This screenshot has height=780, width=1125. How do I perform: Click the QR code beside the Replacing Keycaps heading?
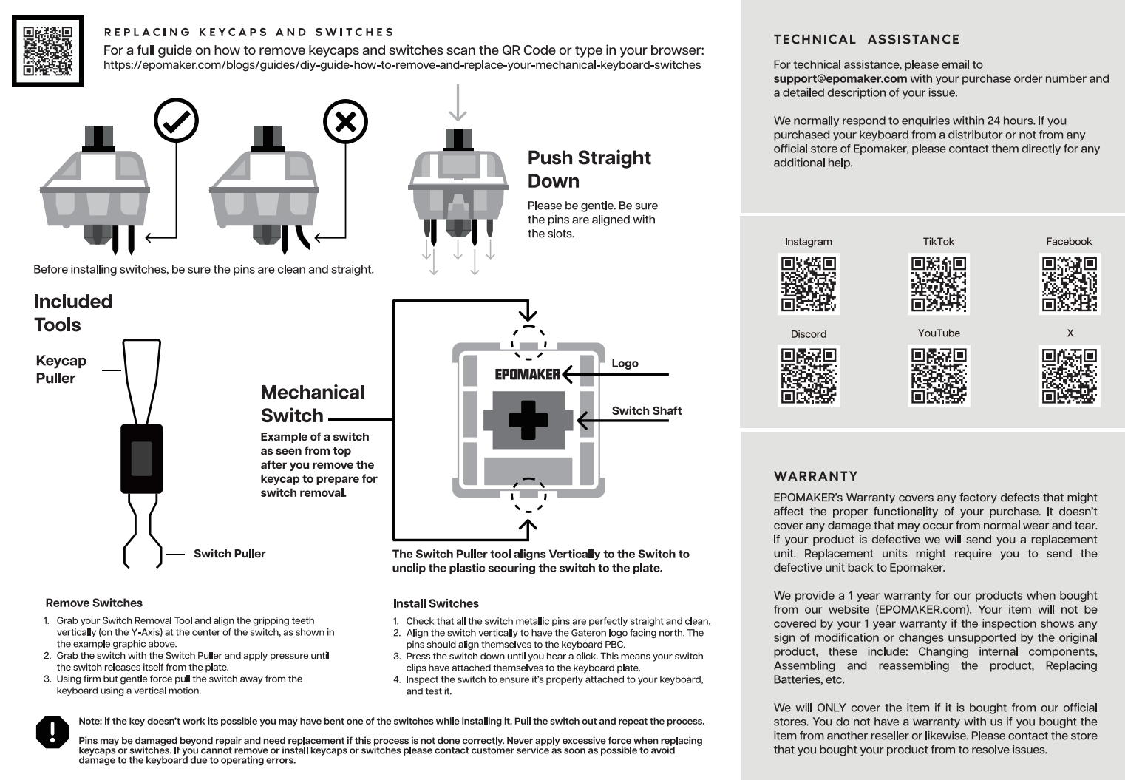(47, 51)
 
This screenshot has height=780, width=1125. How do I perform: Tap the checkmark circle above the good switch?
(176, 121)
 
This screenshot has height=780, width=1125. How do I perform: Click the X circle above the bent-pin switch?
(345, 121)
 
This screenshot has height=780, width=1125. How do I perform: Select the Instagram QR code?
(809, 284)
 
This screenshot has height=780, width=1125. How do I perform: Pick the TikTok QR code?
(939, 283)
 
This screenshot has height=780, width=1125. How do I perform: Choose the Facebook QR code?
(1070, 283)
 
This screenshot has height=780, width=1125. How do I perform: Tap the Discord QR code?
(809, 376)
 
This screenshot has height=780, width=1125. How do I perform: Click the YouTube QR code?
(939, 376)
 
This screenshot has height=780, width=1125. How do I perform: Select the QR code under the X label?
(1070, 376)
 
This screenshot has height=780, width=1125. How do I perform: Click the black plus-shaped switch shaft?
(528, 419)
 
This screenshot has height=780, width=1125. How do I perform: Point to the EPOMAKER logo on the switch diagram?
(528, 374)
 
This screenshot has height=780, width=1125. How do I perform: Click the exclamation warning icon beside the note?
(52, 731)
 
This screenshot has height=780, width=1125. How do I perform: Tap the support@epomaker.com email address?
(840, 79)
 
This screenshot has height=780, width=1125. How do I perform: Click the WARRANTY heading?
(815, 476)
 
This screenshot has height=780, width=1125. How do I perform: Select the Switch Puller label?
(229, 554)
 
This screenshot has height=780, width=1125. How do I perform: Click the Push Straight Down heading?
(588, 169)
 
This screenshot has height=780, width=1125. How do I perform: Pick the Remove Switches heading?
(94, 603)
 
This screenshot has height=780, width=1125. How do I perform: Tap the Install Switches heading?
(435, 603)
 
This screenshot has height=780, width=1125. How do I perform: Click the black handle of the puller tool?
(142, 458)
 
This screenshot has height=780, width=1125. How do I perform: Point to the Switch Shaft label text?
(646, 411)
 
